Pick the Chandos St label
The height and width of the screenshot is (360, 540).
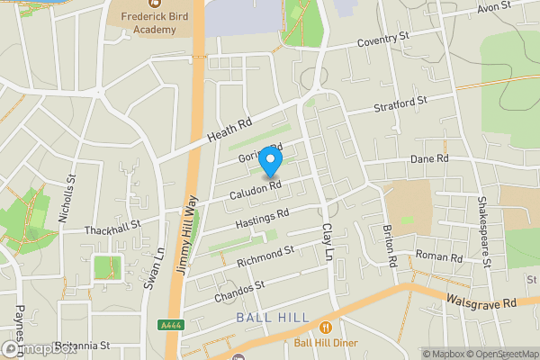(x=239, y=291)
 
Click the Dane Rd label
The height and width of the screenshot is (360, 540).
(x=429, y=158)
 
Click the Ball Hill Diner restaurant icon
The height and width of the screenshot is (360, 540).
(x=325, y=328)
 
